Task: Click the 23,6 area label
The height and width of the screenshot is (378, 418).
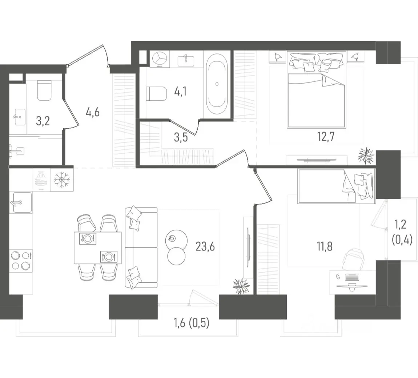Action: [205, 246]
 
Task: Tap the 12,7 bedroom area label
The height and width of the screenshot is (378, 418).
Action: [326, 137]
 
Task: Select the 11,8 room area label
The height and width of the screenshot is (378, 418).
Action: [325, 246]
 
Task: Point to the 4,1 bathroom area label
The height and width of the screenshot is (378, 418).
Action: [181, 92]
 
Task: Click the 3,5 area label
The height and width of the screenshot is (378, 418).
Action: [181, 137]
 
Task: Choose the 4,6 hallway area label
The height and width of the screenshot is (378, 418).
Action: [92, 112]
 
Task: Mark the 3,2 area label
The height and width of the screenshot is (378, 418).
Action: [43, 121]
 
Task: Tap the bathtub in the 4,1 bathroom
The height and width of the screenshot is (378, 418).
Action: [217, 84]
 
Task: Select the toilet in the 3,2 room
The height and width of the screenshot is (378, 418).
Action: [44, 91]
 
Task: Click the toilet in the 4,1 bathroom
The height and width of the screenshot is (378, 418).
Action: [157, 93]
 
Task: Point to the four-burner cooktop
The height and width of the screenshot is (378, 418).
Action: [21, 261]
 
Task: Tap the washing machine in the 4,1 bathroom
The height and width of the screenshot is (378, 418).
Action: [160, 59]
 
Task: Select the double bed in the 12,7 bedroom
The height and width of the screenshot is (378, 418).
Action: [316, 91]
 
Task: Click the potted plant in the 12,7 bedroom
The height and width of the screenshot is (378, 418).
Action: [366, 155]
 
